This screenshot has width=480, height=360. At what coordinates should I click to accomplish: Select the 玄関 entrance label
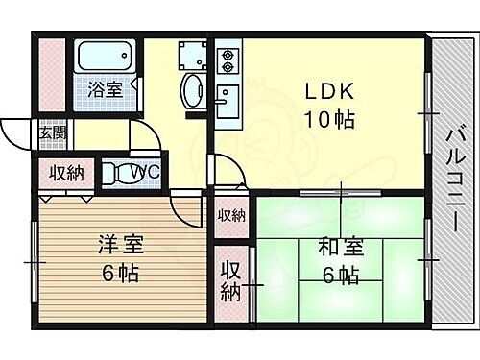53,132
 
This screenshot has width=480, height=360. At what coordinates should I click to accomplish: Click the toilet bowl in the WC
121,173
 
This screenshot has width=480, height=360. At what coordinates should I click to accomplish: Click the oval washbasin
192,90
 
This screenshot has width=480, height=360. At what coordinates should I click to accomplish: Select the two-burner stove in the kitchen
228,60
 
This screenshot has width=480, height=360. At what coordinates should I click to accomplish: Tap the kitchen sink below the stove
228,100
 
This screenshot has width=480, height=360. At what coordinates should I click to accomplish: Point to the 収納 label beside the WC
67,173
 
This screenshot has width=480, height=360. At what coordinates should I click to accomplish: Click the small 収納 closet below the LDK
230,215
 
